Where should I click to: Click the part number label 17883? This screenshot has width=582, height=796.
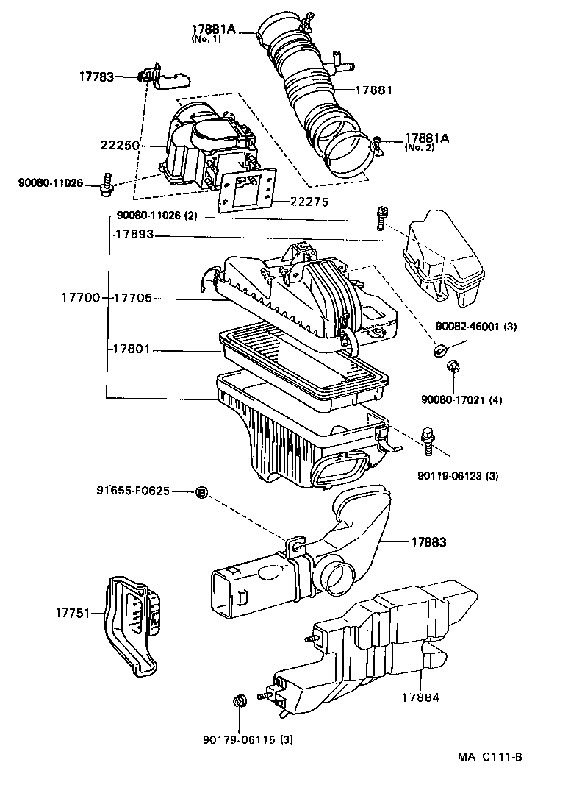coord(429,542)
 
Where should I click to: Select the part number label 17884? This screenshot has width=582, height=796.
coord(420,697)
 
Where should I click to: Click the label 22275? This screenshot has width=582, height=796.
coord(309,201)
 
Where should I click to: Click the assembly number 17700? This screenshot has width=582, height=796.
coord(80,298)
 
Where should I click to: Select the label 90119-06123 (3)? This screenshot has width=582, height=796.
coord(460,476)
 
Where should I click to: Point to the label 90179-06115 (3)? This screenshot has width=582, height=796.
coord(248,739)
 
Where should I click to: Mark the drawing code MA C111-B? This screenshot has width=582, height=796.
coord(489,757)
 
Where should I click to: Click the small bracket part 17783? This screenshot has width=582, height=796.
coord(162,76)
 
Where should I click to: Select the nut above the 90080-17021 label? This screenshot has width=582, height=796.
coord(453,366)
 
